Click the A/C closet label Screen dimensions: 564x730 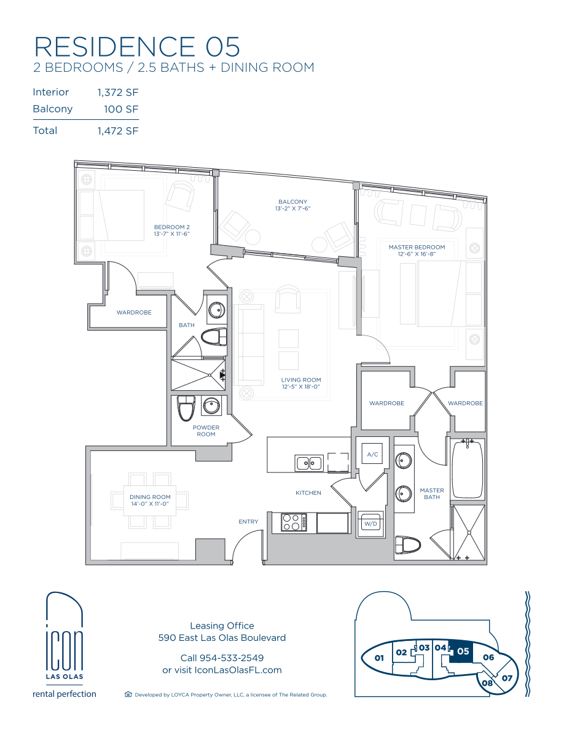pos(372,454)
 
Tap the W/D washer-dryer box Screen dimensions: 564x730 pos(370,524)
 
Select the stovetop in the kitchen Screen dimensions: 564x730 pos(294,522)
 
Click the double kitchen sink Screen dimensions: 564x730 pos(309,463)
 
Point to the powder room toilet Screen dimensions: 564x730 pos(186,408)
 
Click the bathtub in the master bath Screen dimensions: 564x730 pos(467,469)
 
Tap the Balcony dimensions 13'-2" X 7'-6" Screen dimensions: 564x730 pos(292,208)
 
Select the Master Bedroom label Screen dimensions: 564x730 pos(417,247)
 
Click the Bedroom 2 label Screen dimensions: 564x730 pos(171,227)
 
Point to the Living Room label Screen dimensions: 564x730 pos(301,380)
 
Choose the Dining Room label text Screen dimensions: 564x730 pos(150,496)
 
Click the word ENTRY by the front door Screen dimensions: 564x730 pos(248,522)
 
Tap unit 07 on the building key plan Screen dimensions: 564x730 pos(507,678)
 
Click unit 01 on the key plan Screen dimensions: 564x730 pos(379,658)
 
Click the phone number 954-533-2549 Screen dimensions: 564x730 pos(231,658)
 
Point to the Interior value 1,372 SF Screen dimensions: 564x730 pos(118,93)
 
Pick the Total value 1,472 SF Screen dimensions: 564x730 pos(118,131)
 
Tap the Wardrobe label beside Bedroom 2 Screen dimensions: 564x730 pos(134,312)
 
